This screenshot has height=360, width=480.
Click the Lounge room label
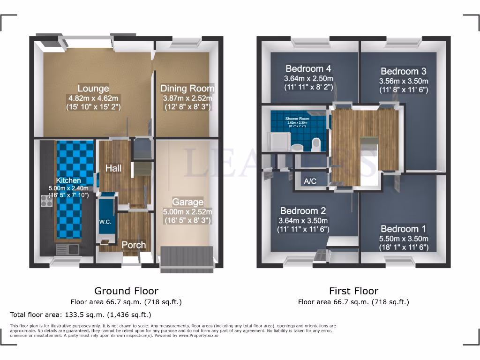[x=93, y=88]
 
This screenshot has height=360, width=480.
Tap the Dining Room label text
[x=187, y=88]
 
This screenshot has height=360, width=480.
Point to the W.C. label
[x=105, y=222]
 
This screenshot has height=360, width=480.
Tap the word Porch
[x=134, y=245]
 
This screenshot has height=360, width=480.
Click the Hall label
[x=114, y=168]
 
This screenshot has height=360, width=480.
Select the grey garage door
[x=187, y=259]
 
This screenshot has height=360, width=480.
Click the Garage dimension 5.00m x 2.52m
[x=187, y=211]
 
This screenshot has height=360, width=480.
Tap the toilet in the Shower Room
[x=315, y=143]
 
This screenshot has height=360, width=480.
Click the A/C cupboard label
[x=310, y=181]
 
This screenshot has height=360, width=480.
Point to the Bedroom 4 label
[x=308, y=68]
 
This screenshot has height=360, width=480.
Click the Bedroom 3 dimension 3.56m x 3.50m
[x=404, y=81]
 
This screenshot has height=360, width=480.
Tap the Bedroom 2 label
[x=303, y=211]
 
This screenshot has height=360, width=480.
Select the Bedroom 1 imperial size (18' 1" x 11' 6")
[x=404, y=247]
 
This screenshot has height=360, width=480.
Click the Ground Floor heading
[x=126, y=291]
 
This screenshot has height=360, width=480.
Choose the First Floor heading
[x=353, y=291]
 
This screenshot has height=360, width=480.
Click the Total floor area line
[x=81, y=315]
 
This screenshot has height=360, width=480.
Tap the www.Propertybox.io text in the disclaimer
[x=197, y=335]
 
